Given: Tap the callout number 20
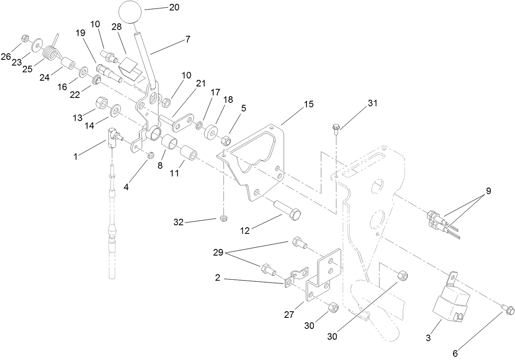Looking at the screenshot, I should point(174,7).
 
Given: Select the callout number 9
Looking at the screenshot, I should point(488,190).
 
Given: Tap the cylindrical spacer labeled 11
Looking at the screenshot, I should point(189,154).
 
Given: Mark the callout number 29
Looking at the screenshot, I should point(218,253).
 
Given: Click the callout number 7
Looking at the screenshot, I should point(187,40).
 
